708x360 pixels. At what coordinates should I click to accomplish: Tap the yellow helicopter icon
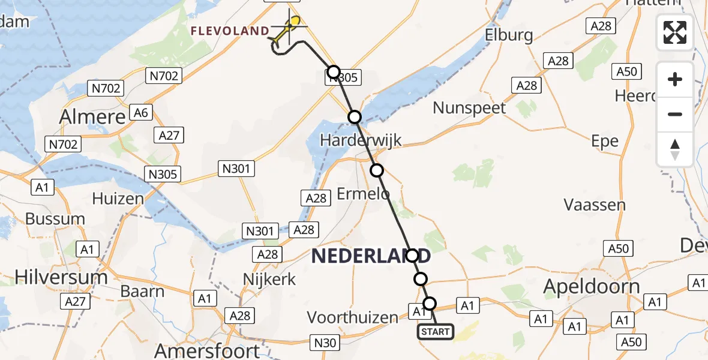[287, 28]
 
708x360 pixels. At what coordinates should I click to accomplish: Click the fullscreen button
[675, 32]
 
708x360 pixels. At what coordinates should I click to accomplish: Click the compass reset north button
[675, 149]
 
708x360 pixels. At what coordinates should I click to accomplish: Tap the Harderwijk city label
[361, 140]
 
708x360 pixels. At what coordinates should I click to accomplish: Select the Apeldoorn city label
[591, 286]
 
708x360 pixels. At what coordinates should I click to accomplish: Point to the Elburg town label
[509, 35]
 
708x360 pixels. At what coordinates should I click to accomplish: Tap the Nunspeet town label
[470, 108]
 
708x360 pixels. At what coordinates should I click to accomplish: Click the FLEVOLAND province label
[230, 31]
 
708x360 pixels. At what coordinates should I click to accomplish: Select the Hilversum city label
[61, 277]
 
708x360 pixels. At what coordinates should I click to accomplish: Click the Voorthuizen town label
[352, 317]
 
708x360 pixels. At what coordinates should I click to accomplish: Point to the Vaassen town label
[595, 205]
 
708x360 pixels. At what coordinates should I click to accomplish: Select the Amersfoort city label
[207, 350]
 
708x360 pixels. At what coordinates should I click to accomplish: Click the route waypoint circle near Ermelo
[376, 170]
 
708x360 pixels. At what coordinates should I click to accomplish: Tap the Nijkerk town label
[269, 279]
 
